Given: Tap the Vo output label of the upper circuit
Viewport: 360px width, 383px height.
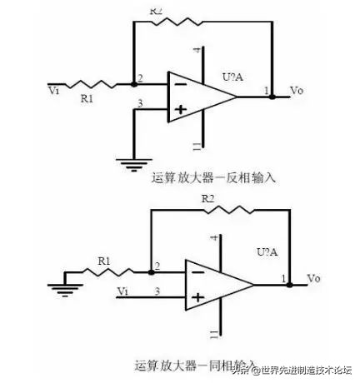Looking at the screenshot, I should (x=295, y=88).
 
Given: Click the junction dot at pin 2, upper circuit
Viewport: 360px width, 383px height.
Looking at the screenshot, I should (x=133, y=83).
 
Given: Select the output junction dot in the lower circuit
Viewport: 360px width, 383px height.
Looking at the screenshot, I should (x=288, y=284).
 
